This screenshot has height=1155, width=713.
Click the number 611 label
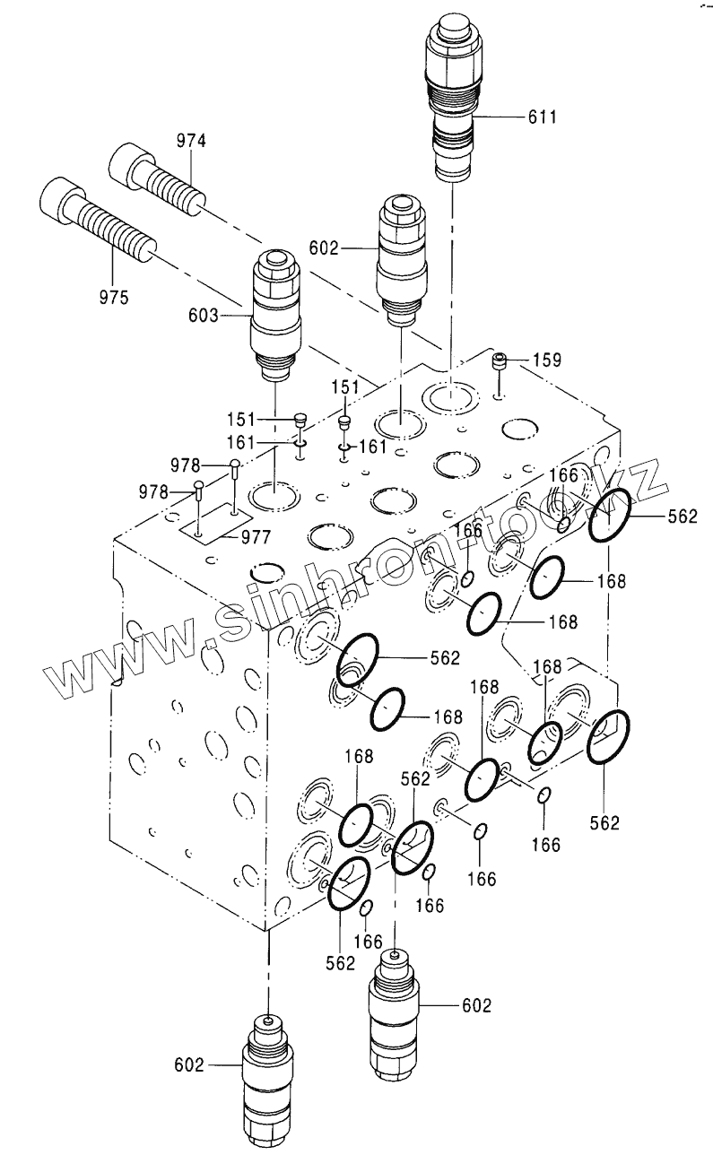coord(543,117)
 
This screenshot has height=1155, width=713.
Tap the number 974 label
coord(190,140)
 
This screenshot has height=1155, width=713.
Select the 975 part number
coord(113,297)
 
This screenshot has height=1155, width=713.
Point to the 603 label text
coord(204,315)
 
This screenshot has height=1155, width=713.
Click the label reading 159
coord(545,360)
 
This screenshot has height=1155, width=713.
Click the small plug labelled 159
coord(500,362)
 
